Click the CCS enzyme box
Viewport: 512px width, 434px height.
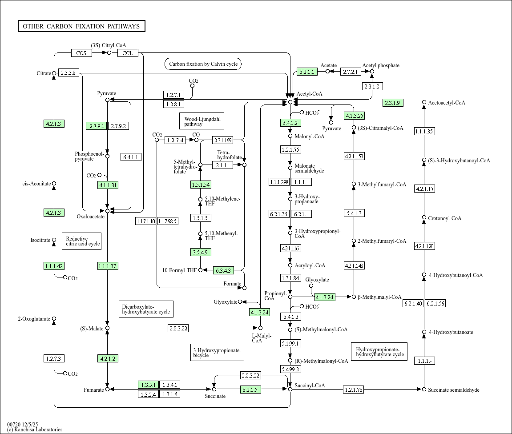81,53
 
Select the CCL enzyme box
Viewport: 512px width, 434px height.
128,53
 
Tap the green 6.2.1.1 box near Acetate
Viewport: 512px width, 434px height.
307,72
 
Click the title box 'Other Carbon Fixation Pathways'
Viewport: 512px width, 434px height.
82,26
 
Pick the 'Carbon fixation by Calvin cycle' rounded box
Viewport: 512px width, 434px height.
203,64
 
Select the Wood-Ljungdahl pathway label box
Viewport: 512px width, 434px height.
202,121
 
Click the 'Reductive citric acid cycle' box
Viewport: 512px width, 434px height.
82,241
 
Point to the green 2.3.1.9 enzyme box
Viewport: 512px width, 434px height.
393,103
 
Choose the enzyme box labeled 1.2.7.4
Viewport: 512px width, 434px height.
175,141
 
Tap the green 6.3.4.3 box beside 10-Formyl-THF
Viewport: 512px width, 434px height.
224,270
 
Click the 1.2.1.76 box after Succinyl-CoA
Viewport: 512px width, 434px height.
354,389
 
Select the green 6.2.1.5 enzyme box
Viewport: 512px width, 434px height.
250,389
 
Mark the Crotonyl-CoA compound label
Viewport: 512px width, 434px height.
445,218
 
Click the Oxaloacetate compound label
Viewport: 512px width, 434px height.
90,217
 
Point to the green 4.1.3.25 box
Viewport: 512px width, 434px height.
354,116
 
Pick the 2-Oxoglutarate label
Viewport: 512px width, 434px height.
34,319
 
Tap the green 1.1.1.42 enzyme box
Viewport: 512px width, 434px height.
54,266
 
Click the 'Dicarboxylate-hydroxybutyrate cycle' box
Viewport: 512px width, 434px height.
146,309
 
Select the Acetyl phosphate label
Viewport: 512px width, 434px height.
381,65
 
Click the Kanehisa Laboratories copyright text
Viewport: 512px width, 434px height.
35,430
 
